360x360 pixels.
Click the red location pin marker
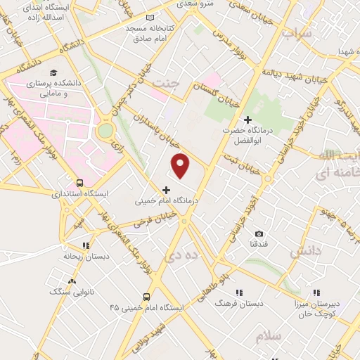[181, 165]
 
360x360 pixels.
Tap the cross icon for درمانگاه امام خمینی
[166, 189]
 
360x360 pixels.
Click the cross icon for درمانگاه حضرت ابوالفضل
[247, 120]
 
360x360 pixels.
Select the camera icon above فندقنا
[259, 233]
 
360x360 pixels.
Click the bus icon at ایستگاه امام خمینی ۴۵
[146, 296]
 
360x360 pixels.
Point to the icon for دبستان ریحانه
[85, 245]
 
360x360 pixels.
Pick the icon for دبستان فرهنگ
[239, 292]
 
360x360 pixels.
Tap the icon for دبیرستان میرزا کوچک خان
[316, 292]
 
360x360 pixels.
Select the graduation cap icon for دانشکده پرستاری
[53, 72]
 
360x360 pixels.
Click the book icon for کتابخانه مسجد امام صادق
[148, 18]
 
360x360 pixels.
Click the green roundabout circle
[105, 130]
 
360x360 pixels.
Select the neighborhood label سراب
[297, 33]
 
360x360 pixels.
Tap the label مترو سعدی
[215, 4]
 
